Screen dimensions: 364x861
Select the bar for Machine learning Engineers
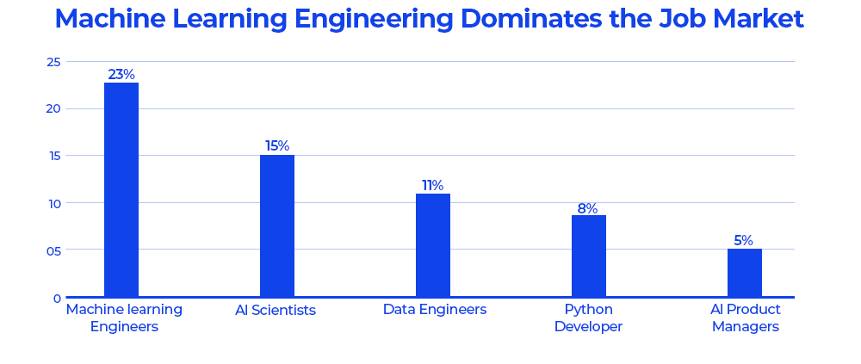point(121,189)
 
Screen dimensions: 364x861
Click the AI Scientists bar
point(277,225)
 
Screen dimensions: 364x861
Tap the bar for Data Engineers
point(433,245)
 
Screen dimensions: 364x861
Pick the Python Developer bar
point(589,256)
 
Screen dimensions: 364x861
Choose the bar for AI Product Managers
point(745,273)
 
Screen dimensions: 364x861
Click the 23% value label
point(121,75)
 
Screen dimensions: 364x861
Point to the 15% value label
point(277,146)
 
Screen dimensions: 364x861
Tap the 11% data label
point(432,186)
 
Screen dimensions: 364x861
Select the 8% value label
point(587,208)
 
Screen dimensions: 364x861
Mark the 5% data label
point(743,241)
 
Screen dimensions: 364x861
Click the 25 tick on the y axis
point(53,62)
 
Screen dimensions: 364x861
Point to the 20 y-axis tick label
point(53,109)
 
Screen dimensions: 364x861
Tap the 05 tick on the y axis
point(53,251)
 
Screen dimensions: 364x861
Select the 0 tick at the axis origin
point(57,299)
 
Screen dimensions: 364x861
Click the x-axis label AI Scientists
point(276,311)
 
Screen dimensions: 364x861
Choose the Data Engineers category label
point(435,310)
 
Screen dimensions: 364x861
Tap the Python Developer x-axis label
point(588,318)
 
